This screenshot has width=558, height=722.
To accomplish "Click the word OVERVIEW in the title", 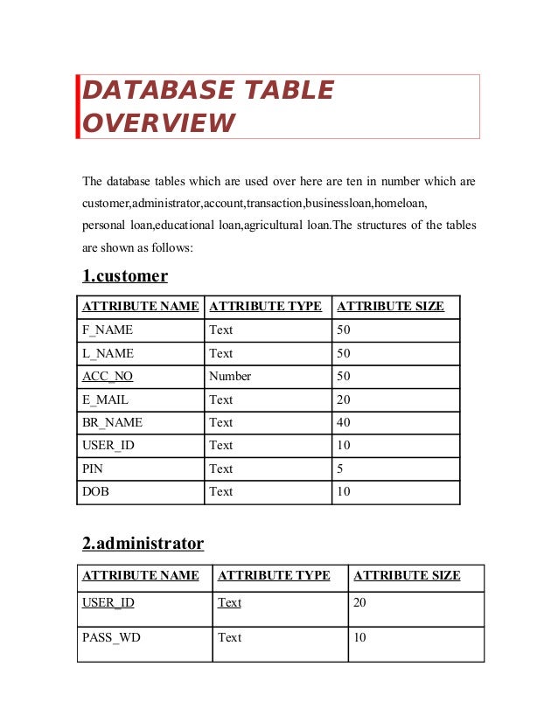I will pos(158,123).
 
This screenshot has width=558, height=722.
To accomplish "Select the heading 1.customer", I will pos(125,276).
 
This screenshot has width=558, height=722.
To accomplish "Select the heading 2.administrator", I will pos(143,544).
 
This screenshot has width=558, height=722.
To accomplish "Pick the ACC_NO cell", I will pos(108,377).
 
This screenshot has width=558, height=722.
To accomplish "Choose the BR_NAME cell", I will pos(112,422).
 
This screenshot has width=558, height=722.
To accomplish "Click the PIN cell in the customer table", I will pos(93,469).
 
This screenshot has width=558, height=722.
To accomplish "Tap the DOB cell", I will pos(95,491).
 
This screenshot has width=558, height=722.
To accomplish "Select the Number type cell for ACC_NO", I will pos(230,377).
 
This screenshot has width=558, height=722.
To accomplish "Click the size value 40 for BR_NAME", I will pos(343,422).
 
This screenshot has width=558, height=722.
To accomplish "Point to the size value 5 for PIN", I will pos(340,469).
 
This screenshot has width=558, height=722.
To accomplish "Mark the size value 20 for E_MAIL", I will pos(343,399).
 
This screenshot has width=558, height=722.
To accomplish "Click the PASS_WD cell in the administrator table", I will pos(111,637).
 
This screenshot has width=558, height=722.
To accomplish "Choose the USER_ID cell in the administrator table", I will pos(108,602).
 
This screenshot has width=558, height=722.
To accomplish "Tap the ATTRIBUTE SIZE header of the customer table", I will pos(390,307).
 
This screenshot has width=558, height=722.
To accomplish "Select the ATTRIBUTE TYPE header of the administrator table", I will pos(274,576).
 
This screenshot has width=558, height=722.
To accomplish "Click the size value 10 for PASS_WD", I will pos(359,637).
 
